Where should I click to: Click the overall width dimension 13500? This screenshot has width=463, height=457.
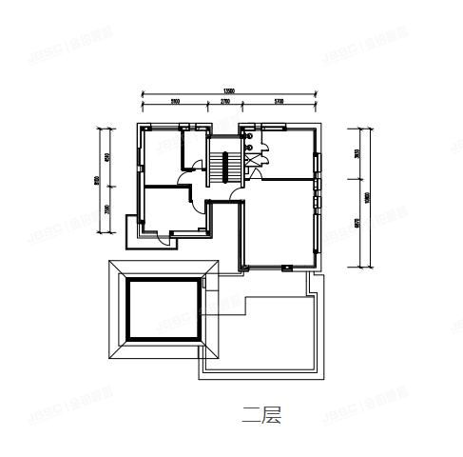pyautogui.click(x=229, y=92)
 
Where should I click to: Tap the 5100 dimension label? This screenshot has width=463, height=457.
pyautogui.click(x=175, y=101)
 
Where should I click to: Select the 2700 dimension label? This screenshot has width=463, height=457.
pyautogui.click(x=224, y=101)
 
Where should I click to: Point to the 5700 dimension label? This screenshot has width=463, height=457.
pyautogui.click(x=278, y=101)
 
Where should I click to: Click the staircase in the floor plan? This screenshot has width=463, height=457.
pyautogui.click(x=225, y=163)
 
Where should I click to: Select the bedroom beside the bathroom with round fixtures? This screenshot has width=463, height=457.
pyautogui.click(x=290, y=152)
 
